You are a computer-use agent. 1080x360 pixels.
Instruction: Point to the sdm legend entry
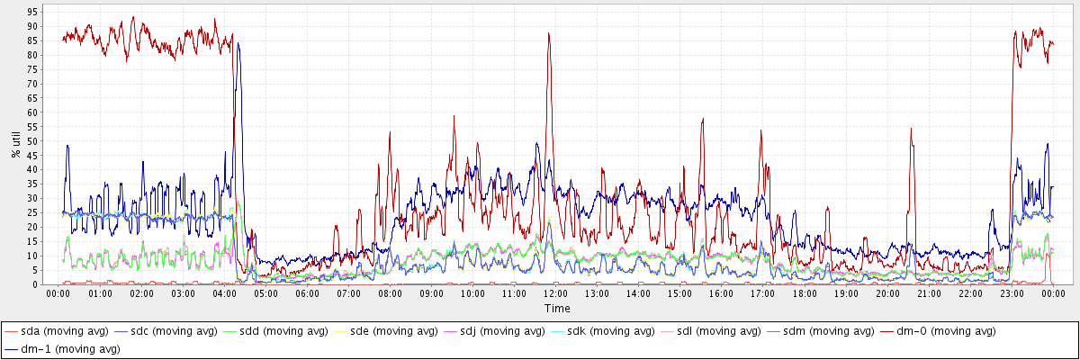click(x=832, y=331)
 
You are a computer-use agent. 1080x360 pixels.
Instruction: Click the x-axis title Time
click(x=556, y=308)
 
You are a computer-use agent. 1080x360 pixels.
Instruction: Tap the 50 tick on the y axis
click(x=32, y=141)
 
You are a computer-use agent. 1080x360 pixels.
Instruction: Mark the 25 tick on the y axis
click(x=32, y=212)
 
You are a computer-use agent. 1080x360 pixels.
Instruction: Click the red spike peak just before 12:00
click(x=548, y=34)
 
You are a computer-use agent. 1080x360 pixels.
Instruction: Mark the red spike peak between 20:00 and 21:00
click(x=911, y=129)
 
